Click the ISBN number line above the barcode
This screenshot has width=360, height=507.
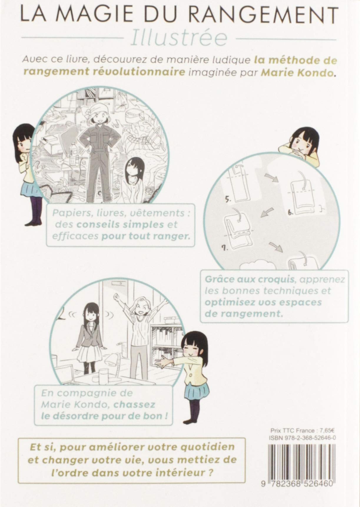tap(303, 438)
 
